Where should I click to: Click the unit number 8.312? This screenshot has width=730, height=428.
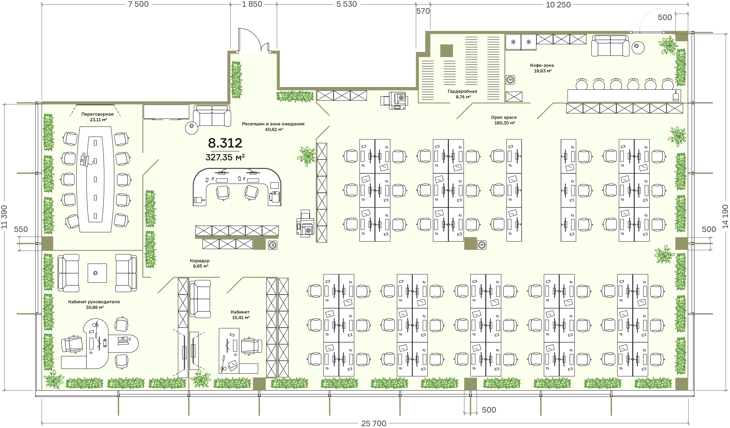click(x=225, y=143)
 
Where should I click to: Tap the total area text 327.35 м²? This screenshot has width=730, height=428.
click(x=225, y=157)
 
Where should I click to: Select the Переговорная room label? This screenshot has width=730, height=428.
click(x=97, y=114)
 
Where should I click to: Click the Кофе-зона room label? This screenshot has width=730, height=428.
click(x=542, y=65)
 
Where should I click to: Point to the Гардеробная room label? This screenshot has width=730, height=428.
click(x=462, y=91)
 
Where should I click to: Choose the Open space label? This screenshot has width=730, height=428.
click(x=504, y=117)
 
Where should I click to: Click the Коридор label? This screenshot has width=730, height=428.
click(x=200, y=261)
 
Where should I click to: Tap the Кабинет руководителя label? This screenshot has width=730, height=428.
click(x=94, y=302)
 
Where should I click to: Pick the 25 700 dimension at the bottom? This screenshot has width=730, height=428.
click(x=374, y=423)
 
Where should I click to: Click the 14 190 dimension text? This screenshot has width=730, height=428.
click(x=725, y=217)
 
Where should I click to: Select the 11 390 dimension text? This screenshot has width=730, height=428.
click(x=4, y=217)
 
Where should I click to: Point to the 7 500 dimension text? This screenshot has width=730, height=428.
click(x=138, y=4)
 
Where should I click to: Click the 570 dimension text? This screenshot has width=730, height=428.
click(x=423, y=11)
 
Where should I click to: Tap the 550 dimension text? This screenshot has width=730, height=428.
click(x=21, y=229)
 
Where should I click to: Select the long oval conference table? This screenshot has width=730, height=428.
click(x=95, y=179)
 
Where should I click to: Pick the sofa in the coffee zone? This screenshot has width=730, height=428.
click(x=610, y=45)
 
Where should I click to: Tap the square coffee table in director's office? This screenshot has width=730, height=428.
click(x=97, y=273)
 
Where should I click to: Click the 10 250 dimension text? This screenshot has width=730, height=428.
click(x=558, y=5)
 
